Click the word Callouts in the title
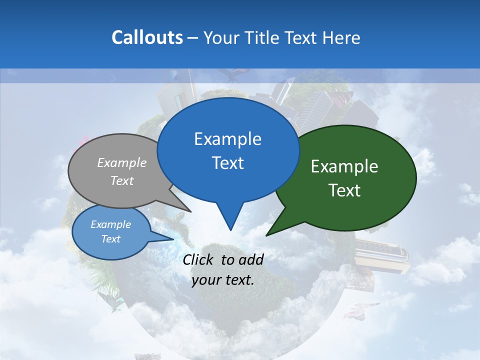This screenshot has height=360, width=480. point(147,37)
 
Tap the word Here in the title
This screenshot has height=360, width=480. point(342,37)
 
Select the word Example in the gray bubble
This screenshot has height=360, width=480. point(122,162)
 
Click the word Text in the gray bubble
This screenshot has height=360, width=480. point(122,180)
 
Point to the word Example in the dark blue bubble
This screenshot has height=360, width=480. point(227,139)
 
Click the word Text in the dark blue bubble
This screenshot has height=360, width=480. point(227,163)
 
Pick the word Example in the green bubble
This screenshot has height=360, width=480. point(344,166)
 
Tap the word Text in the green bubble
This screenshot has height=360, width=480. point(344,190)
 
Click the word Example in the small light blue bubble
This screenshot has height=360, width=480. point(111,224)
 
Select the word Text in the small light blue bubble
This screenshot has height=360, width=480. point(111,239)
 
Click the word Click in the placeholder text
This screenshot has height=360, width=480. point(199,259)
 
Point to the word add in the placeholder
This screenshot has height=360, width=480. point(251,259)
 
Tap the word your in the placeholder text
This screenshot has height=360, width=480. point(205,280)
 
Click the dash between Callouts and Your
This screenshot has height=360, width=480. point(193,37)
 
